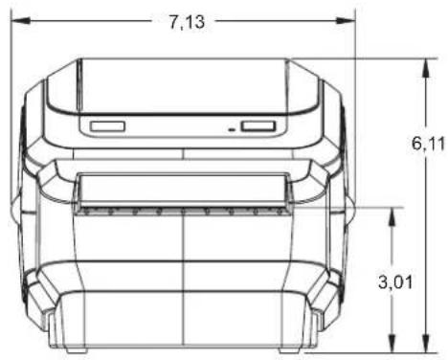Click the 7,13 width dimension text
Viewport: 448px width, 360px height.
tap(187, 22)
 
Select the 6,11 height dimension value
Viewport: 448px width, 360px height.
tap(428, 143)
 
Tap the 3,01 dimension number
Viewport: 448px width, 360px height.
tap(395, 281)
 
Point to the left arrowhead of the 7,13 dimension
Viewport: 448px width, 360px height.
tap(21, 21)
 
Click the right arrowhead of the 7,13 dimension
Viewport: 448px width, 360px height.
tap(346, 21)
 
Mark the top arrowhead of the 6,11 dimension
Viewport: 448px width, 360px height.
tap(426, 68)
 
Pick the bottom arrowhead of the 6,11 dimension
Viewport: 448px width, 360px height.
tap(426, 344)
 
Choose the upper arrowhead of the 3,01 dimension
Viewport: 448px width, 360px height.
tap(392, 217)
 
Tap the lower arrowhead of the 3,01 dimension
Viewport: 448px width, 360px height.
tap(392, 344)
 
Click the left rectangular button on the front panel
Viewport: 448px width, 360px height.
tap(107, 126)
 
